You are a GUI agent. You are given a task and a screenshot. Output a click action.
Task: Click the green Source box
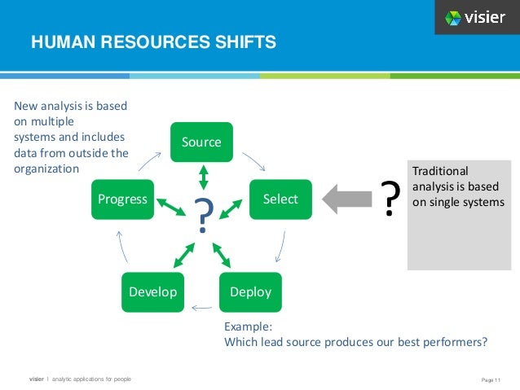pos(201,142)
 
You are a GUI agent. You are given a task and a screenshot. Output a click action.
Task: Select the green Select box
pos(280,199)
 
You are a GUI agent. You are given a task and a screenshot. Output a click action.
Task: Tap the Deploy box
pos(250,291)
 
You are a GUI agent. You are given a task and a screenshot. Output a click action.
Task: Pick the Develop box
pos(153,291)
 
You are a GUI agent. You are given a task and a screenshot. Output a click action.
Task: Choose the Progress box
pos(122,199)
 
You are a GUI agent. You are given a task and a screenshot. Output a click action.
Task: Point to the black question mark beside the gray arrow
pos(391,199)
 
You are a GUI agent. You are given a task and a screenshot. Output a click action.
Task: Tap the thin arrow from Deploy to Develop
pos(201,308)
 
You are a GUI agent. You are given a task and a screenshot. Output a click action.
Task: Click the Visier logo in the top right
pos(475,17)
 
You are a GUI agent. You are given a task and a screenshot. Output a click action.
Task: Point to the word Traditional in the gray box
pos(440,171)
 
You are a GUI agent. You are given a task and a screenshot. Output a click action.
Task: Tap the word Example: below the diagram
pos(249,326)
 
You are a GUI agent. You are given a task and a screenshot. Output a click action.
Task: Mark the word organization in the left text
pos(46,169)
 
